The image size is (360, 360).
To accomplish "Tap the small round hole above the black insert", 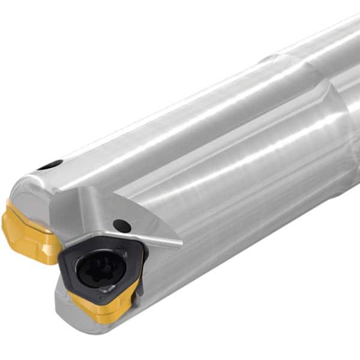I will point(122,226).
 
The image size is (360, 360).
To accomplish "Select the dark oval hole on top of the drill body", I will point(49,165).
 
